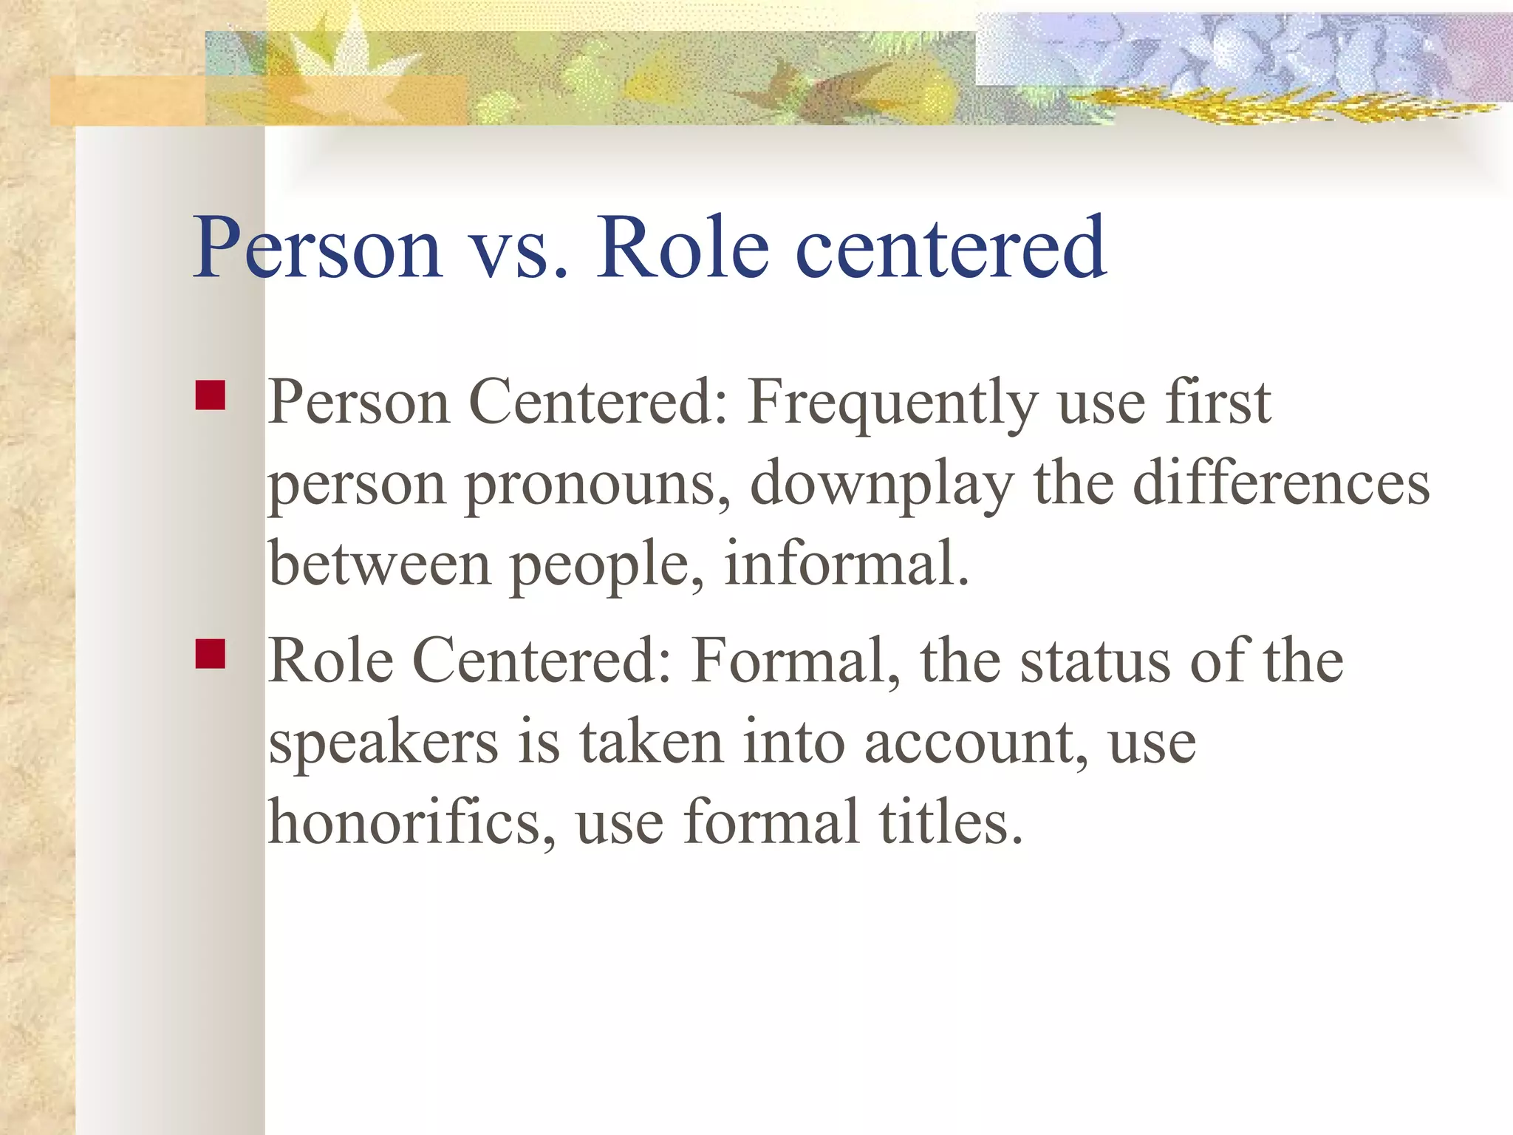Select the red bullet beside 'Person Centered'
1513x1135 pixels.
tap(211, 395)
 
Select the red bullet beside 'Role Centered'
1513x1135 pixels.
tap(211, 654)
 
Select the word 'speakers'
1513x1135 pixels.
tap(383, 743)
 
